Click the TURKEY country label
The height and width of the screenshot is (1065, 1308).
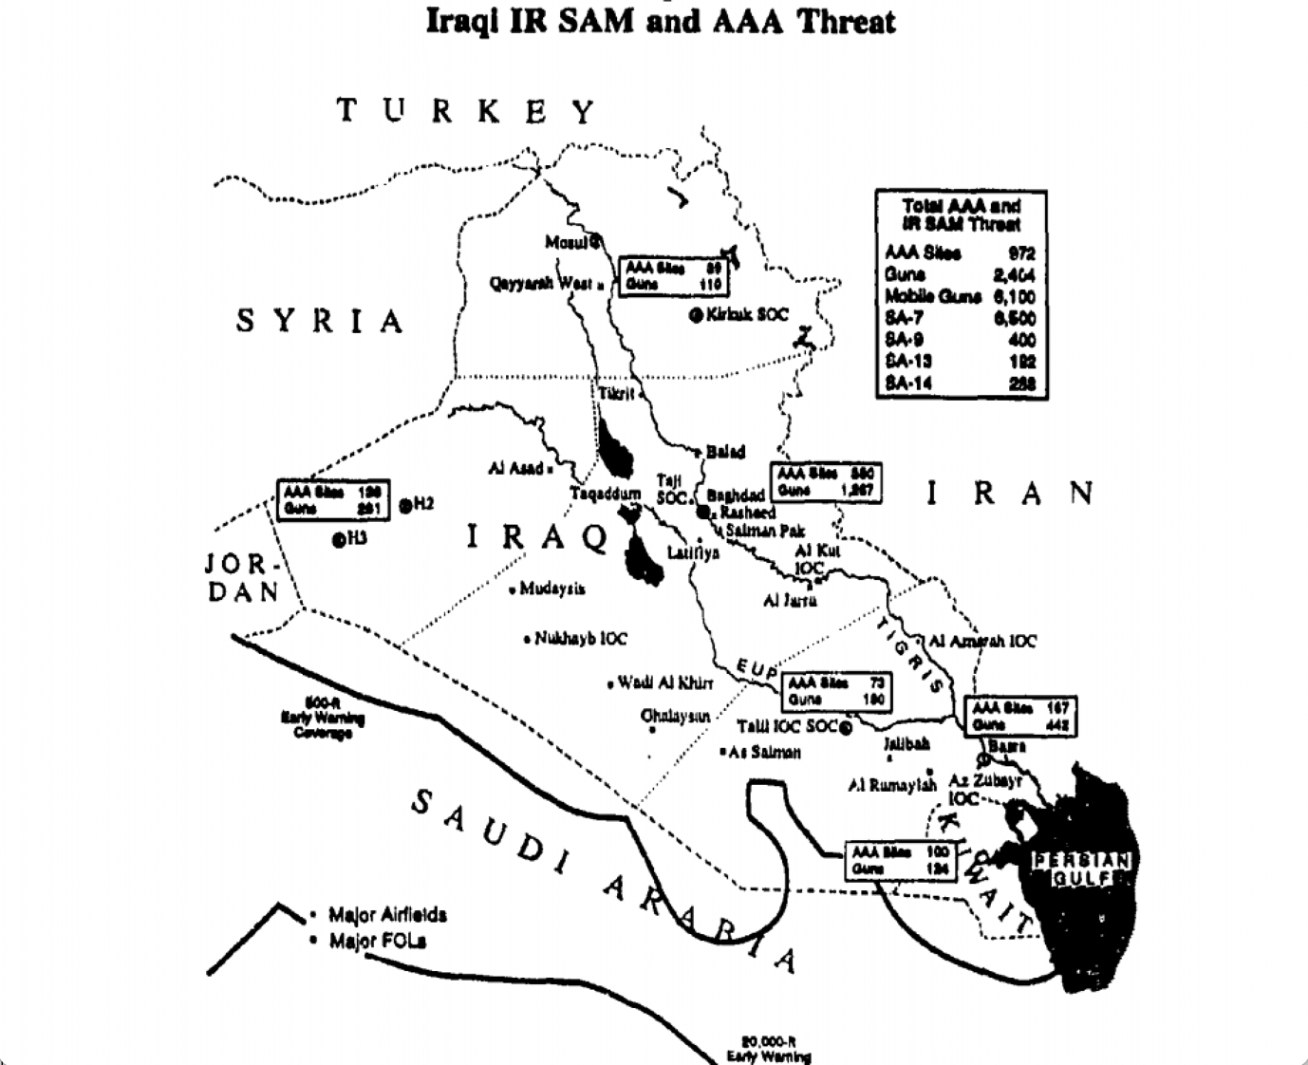click(466, 112)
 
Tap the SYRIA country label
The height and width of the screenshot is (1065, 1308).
click(320, 321)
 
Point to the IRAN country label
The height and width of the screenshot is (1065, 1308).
click(1010, 493)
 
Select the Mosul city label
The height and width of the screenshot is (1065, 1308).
click(568, 242)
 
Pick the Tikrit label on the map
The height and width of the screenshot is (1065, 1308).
click(616, 393)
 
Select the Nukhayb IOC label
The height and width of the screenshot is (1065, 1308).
click(580, 639)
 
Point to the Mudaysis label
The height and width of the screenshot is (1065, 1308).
click(551, 589)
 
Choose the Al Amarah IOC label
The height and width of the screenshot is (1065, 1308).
click(981, 642)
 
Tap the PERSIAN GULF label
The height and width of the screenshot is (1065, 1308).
click(1082, 869)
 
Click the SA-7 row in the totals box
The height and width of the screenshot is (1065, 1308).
click(960, 318)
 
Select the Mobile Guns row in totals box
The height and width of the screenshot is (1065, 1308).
click(960, 296)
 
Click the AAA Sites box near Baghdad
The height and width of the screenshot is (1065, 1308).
click(826, 482)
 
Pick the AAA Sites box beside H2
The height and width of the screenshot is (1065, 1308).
click(332, 500)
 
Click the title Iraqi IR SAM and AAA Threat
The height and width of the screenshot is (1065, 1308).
click(660, 21)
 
